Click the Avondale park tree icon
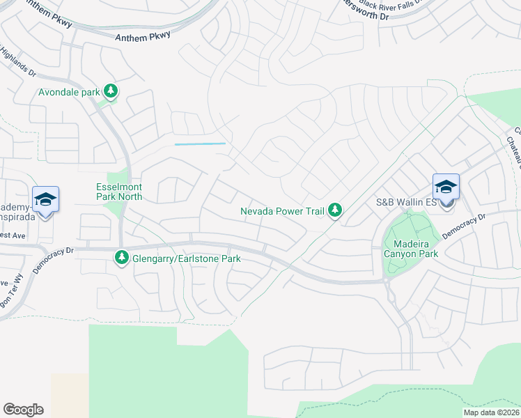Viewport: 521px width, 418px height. [x=110, y=91]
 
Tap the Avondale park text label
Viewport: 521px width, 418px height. [x=70, y=91]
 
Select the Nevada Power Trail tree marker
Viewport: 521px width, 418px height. [x=335, y=210]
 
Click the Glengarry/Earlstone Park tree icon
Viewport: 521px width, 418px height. [x=121, y=258]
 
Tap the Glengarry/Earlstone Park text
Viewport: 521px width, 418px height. [x=185, y=258]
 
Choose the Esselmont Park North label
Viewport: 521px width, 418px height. [x=119, y=192]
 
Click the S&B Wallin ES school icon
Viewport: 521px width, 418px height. [x=446, y=187]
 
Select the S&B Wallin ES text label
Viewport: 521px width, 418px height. [x=406, y=203]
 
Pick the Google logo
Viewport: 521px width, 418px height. [x=23, y=410]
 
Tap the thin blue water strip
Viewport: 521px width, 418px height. [x=200, y=144]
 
